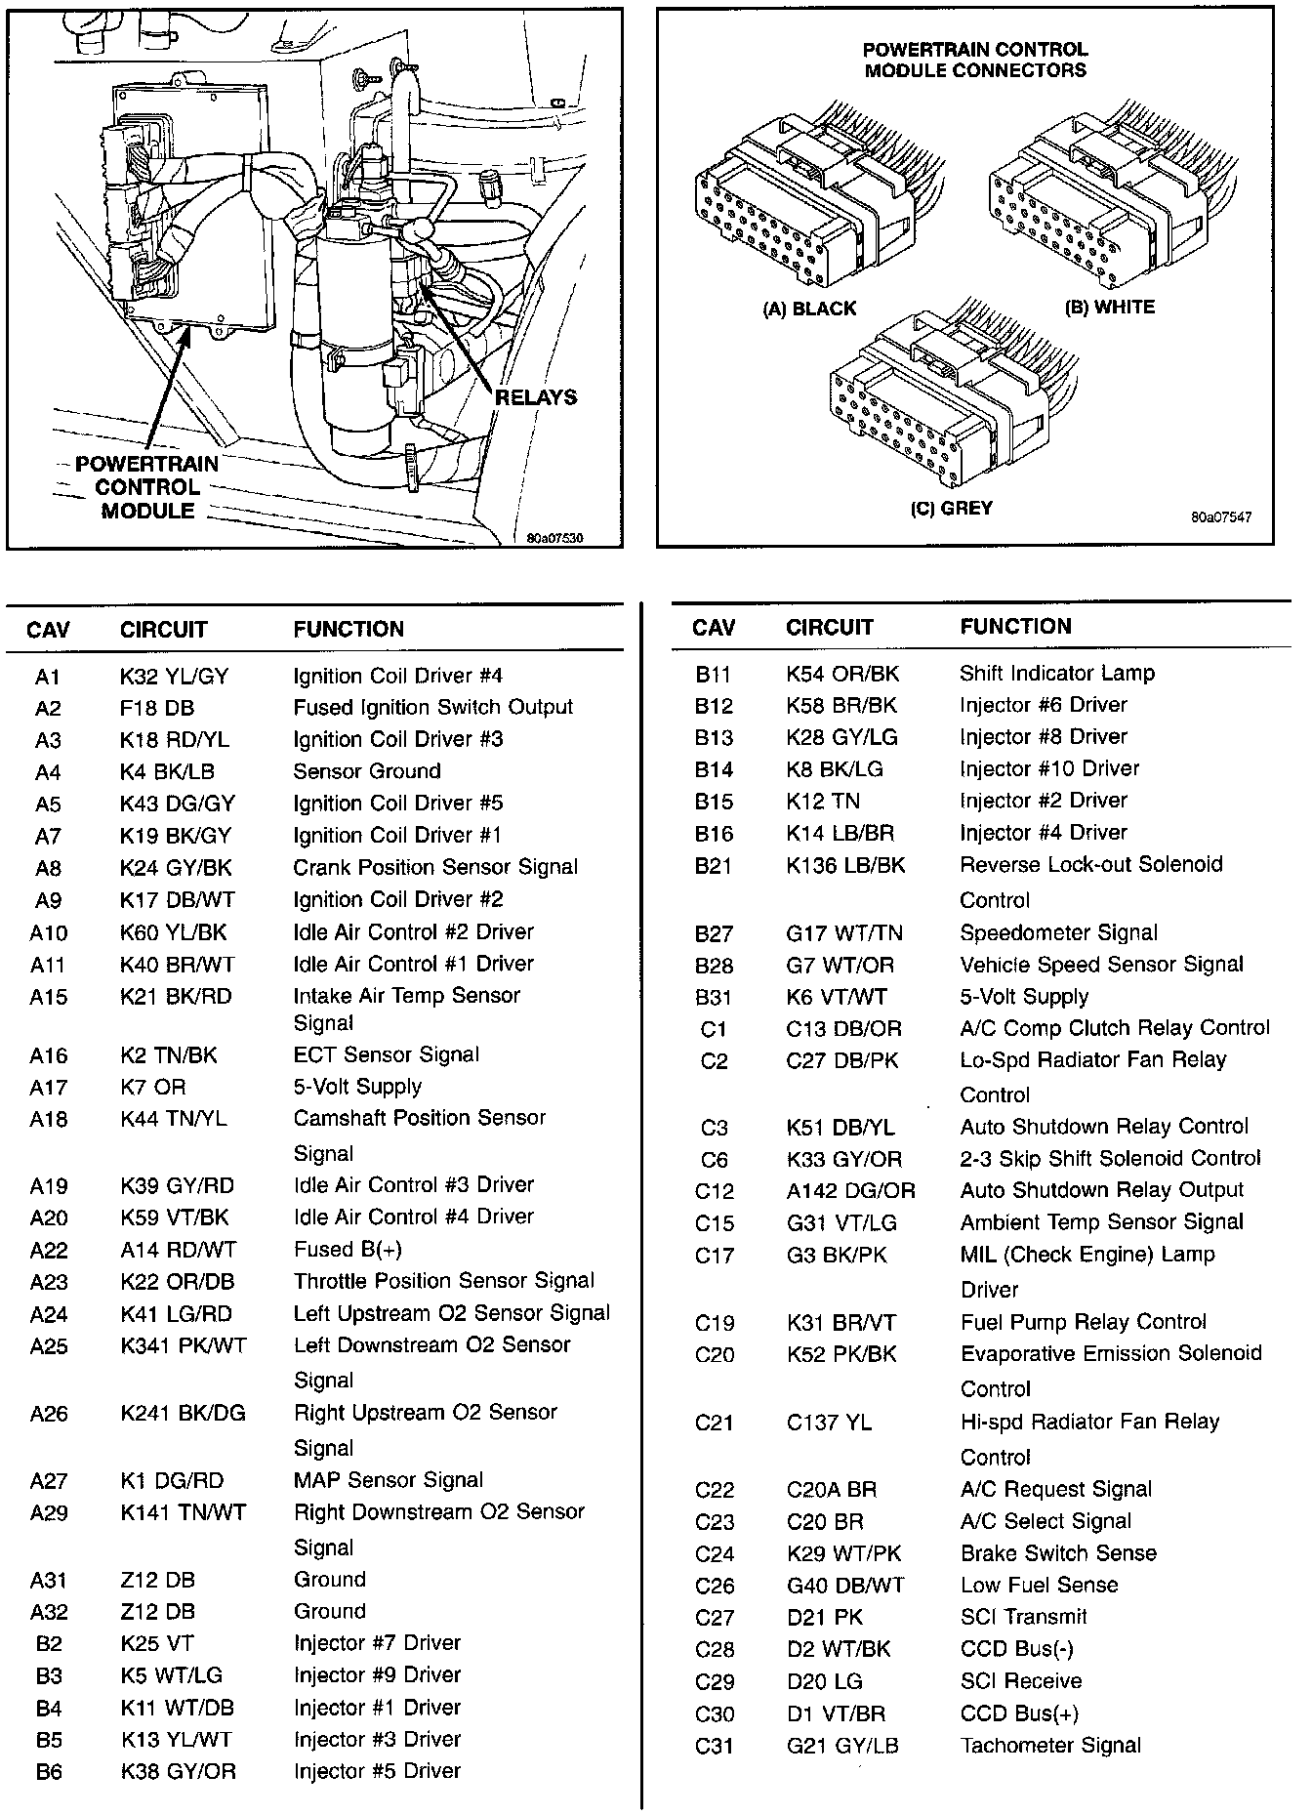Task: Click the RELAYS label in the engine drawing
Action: tap(536, 397)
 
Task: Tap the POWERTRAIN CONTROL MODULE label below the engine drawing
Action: tap(147, 487)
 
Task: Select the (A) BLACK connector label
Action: tap(809, 310)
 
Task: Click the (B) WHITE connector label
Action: tap(1110, 308)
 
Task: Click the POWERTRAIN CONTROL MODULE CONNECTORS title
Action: tap(975, 60)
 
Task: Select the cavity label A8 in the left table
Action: tap(48, 868)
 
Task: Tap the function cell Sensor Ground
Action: tap(367, 771)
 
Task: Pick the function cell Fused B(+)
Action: tap(348, 1250)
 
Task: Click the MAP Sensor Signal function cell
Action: tap(389, 1480)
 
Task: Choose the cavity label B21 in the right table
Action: tap(714, 866)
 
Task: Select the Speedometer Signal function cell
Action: tap(1059, 932)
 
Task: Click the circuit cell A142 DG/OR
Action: tap(850, 1191)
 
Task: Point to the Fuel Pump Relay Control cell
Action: tap(1084, 1323)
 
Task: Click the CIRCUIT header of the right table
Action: tap(829, 628)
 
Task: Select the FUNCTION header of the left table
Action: tap(348, 630)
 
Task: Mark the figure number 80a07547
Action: tap(1220, 517)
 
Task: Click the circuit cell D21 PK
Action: tap(825, 1618)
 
